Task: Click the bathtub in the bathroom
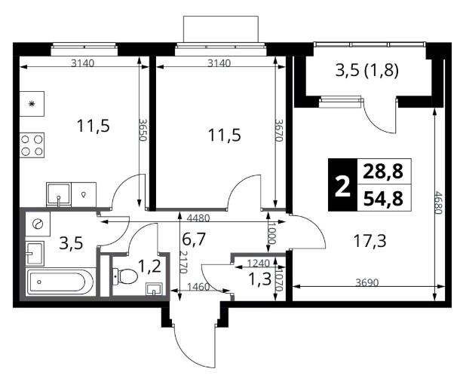(61, 282)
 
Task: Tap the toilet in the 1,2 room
(125, 276)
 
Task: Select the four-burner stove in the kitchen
(32, 145)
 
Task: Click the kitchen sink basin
(59, 194)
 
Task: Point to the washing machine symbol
(38, 224)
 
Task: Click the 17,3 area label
(370, 241)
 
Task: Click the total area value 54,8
(383, 199)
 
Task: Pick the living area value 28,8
(383, 172)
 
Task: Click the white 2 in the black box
(342, 186)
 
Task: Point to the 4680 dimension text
(438, 203)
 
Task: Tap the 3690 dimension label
(367, 282)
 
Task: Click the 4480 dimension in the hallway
(198, 218)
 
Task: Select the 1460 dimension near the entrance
(198, 287)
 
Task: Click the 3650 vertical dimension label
(143, 130)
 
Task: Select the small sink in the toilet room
(155, 289)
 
